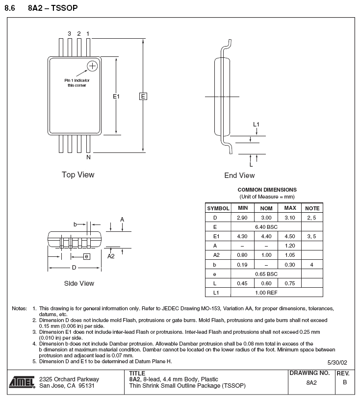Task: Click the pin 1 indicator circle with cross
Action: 92,66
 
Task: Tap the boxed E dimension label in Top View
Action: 143,97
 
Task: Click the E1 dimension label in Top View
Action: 116,97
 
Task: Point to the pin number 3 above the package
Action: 69,34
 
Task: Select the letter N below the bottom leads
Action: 88,157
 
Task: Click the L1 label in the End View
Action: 256,125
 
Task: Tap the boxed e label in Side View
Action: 86,256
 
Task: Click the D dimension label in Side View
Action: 74,268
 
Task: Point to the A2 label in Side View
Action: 111,255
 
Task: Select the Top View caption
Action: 78,175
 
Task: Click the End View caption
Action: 239,175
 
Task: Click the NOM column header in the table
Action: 266,208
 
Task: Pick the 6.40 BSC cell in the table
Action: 266,227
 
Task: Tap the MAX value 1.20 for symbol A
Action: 289,246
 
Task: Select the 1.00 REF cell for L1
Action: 266,293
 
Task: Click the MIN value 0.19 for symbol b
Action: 242,265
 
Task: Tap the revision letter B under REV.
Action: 345,382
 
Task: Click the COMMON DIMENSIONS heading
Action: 267,190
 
